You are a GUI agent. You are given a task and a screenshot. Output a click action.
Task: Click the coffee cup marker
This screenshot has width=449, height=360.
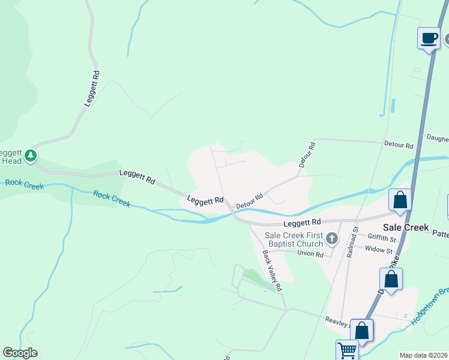(x=429, y=38)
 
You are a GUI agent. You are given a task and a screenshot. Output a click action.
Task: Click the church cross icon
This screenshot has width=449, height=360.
(x=331, y=240)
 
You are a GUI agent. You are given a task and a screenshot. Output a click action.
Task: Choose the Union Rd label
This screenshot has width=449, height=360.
(x=310, y=254)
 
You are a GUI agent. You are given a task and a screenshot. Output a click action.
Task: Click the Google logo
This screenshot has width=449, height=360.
(x=20, y=353)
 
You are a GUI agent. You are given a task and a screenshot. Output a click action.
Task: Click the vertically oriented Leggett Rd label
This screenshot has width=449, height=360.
(x=92, y=89)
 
